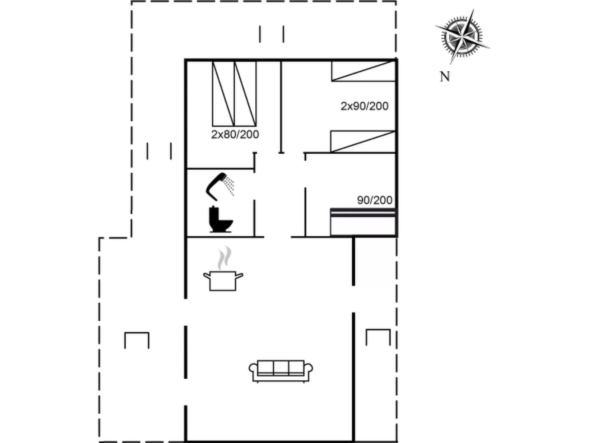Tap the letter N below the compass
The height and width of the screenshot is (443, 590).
tap(445, 77)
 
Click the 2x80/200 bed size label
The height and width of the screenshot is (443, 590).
tap(235, 135)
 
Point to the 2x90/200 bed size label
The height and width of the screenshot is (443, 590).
tap(364, 106)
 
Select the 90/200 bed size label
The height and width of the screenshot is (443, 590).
tap(375, 200)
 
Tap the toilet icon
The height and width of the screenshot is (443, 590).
tap(221, 219)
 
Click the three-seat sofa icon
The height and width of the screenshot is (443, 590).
tap(281, 371)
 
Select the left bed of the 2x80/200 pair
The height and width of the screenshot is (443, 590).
tap(223, 94)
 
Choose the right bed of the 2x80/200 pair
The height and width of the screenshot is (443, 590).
tap(245, 94)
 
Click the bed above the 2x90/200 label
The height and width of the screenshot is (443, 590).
tap(363, 71)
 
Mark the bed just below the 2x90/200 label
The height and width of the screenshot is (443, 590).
tap(363, 142)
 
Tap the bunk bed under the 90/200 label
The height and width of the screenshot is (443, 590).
tap(363, 222)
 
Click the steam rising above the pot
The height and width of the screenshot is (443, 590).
tap(224, 258)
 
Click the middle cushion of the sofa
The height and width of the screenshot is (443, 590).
tap(281, 367)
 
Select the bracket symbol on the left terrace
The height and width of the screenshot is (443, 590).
tap(137, 340)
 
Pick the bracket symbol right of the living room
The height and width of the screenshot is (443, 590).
tap(378, 337)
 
